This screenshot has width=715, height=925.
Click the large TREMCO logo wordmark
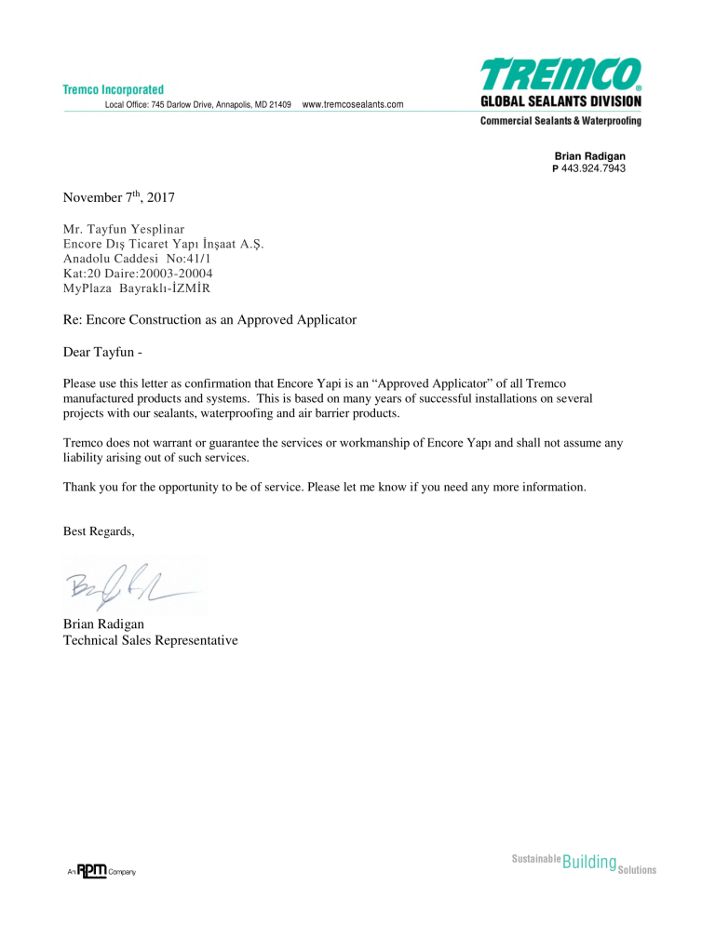pos(560,74)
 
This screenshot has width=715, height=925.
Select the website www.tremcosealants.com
pos(353,104)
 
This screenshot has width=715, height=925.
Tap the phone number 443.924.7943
pos(593,168)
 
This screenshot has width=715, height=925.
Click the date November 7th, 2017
pos(117,198)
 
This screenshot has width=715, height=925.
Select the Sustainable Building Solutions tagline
pos(584,863)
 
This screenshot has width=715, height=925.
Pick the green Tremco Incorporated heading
pos(114,89)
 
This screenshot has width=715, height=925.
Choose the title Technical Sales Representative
pos(150,640)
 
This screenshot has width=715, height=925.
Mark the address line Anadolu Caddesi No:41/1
pos(138,259)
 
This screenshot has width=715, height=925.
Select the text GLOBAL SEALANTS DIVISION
pos(560,101)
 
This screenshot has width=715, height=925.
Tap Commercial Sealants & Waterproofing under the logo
pos(560,121)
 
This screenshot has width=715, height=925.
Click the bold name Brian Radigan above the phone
pos(589,156)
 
